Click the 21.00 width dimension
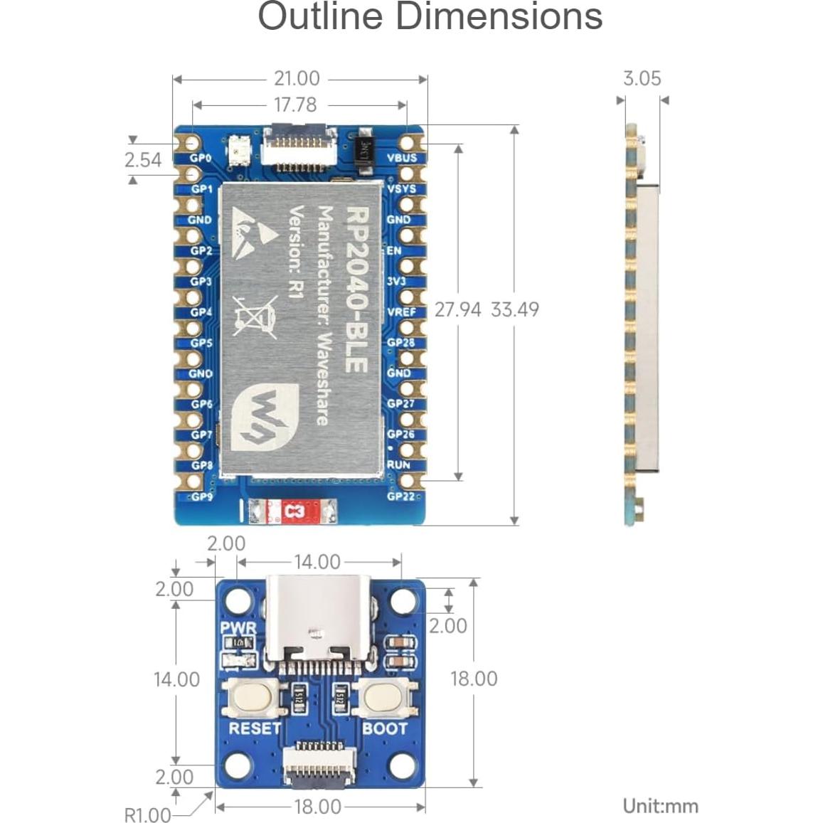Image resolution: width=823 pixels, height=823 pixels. [x=297, y=79]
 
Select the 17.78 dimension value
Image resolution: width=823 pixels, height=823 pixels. [x=295, y=105]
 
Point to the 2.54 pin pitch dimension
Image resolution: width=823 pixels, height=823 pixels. [x=142, y=160]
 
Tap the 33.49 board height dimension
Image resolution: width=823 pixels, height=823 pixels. [x=515, y=309]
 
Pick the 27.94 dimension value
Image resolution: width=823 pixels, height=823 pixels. [x=457, y=309]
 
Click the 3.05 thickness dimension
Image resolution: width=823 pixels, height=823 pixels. [x=642, y=78]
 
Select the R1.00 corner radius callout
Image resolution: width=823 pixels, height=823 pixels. [x=147, y=814]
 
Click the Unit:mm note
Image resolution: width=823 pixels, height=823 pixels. [x=660, y=806]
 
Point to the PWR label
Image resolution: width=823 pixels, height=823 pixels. [x=238, y=628]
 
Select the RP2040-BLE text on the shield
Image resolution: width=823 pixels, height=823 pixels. [x=356, y=288]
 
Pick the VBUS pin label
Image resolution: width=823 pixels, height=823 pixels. [x=402, y=158]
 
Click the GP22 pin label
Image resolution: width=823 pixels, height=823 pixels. [x=400, y=496]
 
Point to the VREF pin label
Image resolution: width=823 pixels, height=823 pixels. [x=402, y=312]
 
